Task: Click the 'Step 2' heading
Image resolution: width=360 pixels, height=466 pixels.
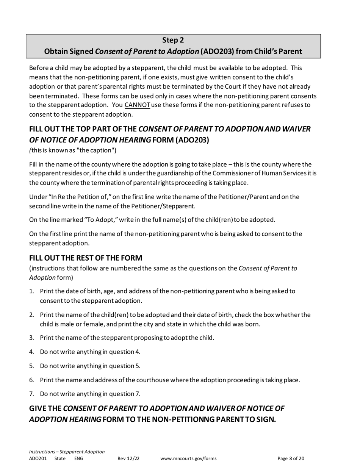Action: [173, 40]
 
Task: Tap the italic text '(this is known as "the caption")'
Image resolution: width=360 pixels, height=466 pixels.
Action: [73, 150]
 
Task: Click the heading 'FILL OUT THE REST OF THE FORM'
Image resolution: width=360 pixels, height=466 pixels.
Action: [86, 258]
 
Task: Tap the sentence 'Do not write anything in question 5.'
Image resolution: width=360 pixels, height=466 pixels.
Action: [90, 366]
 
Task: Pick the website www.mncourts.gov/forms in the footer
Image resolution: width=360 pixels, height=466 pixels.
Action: [188, 458]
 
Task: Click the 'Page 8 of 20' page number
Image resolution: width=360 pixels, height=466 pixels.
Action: [291, 458]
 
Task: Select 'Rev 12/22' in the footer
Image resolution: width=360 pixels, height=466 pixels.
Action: [128, 458]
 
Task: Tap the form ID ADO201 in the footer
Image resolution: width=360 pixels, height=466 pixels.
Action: [38, 458]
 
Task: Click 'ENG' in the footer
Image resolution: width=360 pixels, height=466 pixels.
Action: [78, 458]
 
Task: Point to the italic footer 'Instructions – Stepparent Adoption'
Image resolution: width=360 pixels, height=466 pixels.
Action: [67, 452]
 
